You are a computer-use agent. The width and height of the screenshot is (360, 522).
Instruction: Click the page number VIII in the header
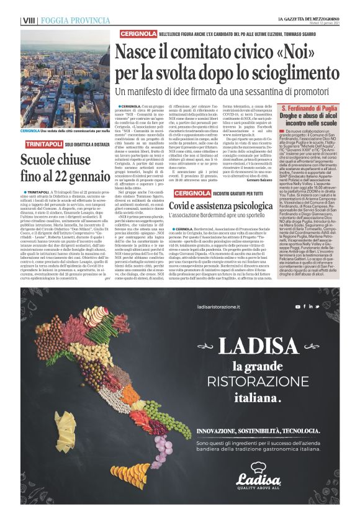click(x=28, y=20)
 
